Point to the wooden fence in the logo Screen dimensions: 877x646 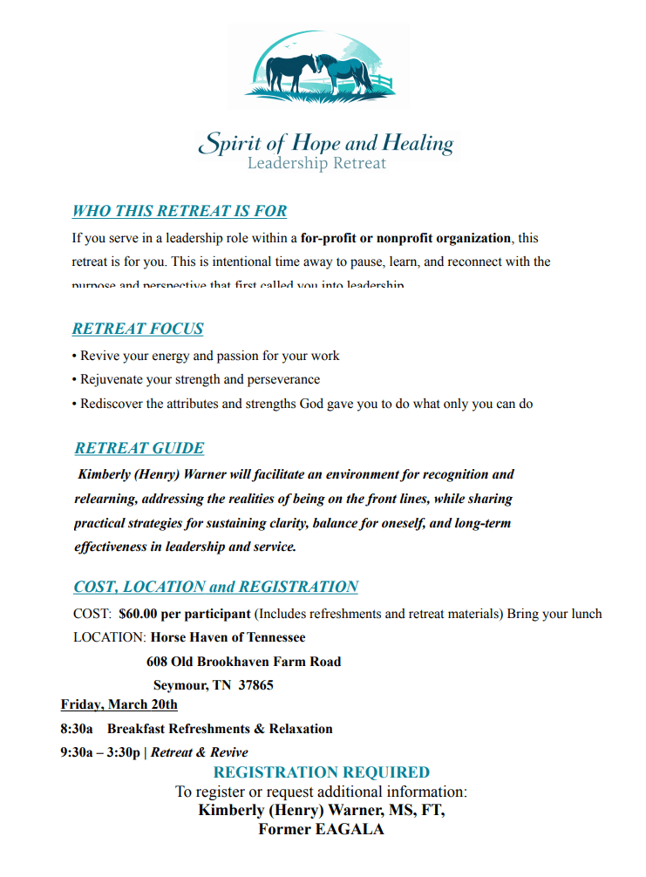pyautogui.click(x=381, y=84)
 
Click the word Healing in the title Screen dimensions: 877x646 pyautogui.click(x=417, y=143)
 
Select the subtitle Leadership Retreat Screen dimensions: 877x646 pyautogui.click(x=316, y=163)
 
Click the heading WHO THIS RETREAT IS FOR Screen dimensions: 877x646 pyautogui.click(x=180, y=211)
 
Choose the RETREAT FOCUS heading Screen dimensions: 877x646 pyautogui.click(x=138, y=329)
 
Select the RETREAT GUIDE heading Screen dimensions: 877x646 pyautogui.click(x=139, y=448)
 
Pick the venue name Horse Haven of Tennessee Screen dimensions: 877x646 pyautogui.click(x=228, y=637)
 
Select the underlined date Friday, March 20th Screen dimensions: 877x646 pyautogui.click(x=119, y=704)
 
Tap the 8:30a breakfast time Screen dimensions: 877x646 pyautogui.click(x=77, y=729)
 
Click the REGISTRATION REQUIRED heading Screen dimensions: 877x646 pyautogui.click(x=322, y=772)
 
